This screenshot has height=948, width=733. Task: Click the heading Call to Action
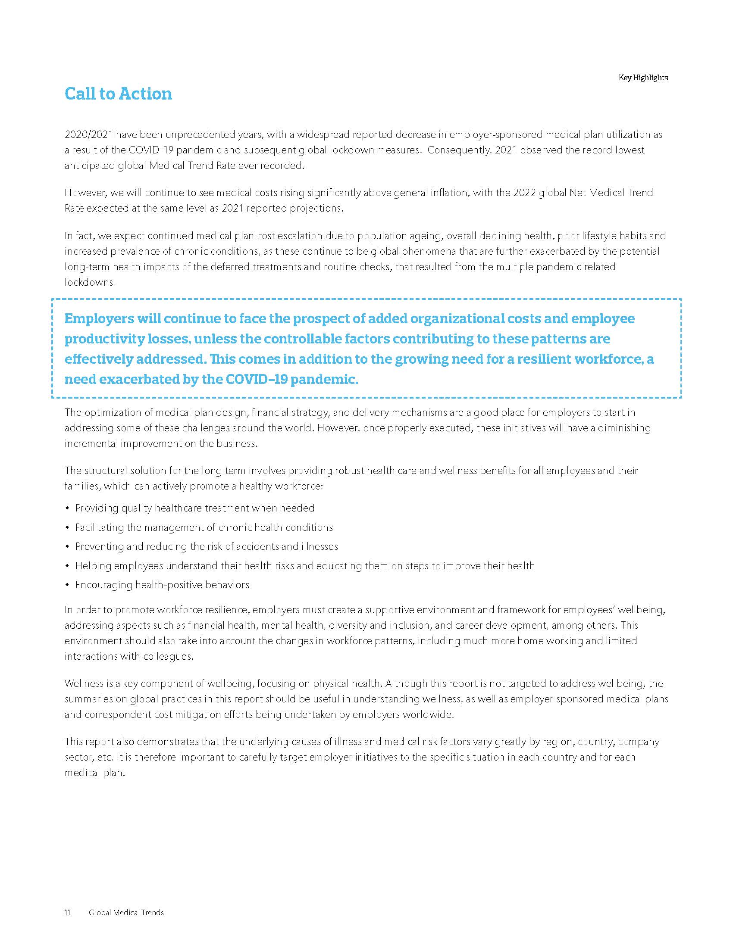pos(118,94)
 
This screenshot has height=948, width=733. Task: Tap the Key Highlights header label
pos(643,78)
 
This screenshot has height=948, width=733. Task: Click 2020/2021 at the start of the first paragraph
pos(88,134)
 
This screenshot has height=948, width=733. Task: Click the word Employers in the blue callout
pos(99,318)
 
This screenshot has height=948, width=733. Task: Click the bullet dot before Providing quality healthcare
pos(67,508)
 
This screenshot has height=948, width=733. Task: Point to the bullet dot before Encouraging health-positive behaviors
pos(67,585)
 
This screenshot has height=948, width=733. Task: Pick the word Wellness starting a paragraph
pos(84,684)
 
